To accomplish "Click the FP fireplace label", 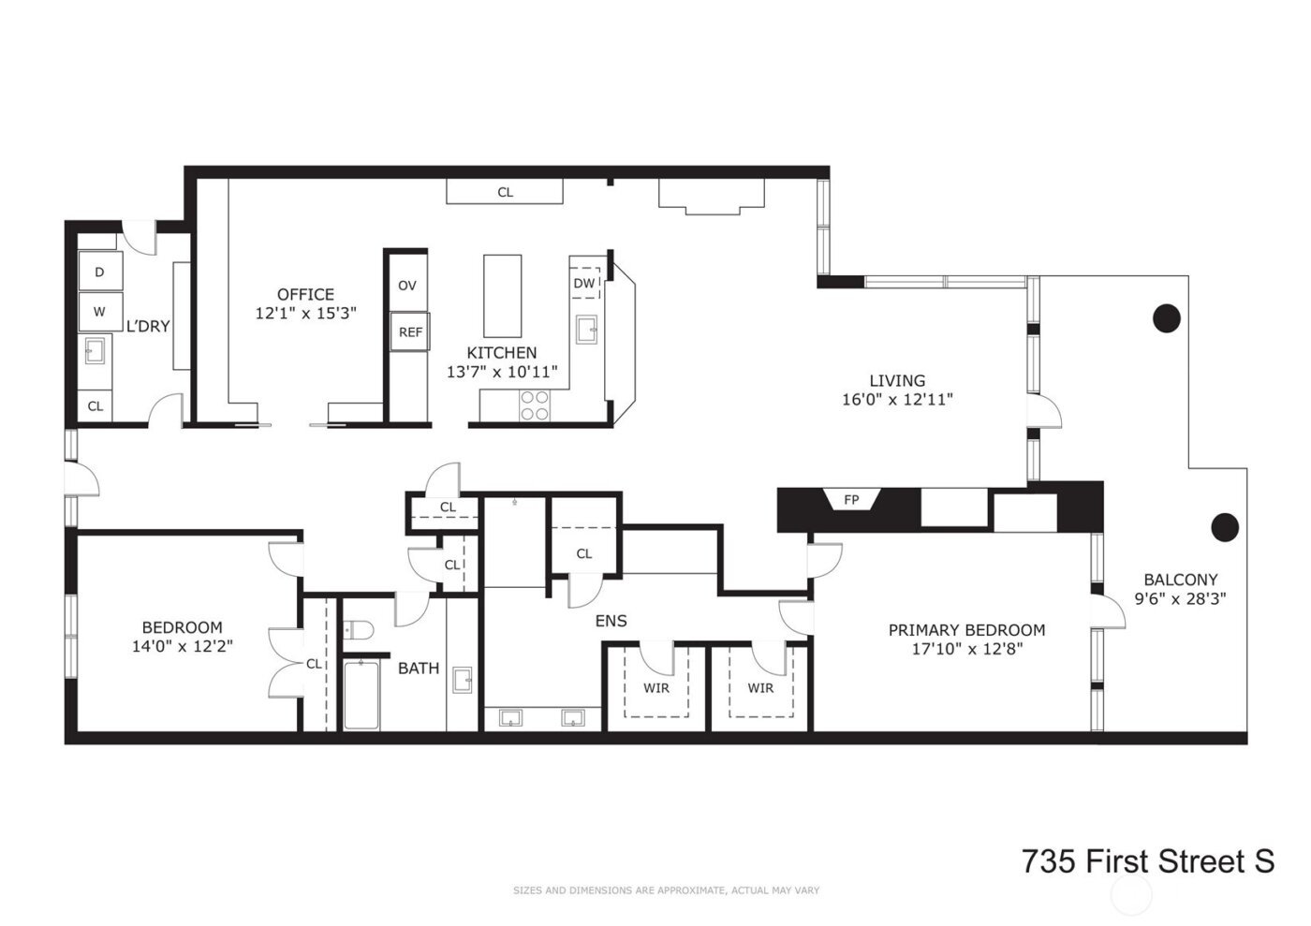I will (x=850, y=500).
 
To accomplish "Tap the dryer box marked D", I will (x=99, y=272).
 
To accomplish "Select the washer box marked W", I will (x=99, y=312).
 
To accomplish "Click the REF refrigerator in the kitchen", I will (x=410, y=331).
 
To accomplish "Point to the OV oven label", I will (x=406, y=286).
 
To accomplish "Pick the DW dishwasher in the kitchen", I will (x=584, y=283).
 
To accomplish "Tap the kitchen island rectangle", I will (x=503, y=296).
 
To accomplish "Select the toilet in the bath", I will (x=358, y=629).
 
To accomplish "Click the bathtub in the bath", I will (x=361, y=695).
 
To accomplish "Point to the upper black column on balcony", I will (x=1166, y=319).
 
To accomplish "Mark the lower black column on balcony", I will (x=1225, y=527).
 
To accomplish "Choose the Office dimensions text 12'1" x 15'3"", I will (x=305, y=314).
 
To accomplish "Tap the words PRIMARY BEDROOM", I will (x=966, y=630).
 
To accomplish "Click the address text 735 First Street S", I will (x=1147, y=861).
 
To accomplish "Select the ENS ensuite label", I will (x=611, y=621).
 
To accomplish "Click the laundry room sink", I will (x=95, y=351).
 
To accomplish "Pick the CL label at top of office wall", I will (x=505, y=193).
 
